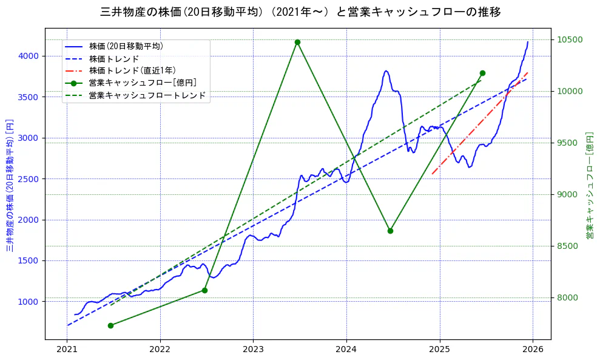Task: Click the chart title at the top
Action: point(300,12)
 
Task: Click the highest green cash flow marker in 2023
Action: point(297,42)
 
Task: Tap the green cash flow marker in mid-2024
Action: point(390,231)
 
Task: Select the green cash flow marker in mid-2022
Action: point(204,290)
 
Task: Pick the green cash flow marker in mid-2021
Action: point(111,325)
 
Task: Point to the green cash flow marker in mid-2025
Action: point(482,73)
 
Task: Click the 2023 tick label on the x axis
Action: point(253,350)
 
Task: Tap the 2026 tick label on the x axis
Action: point(532,350)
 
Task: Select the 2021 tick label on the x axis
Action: point(67,350)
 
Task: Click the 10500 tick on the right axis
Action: point(570,40)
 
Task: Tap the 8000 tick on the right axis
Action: point(568,297)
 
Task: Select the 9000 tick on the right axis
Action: point(568,194)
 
